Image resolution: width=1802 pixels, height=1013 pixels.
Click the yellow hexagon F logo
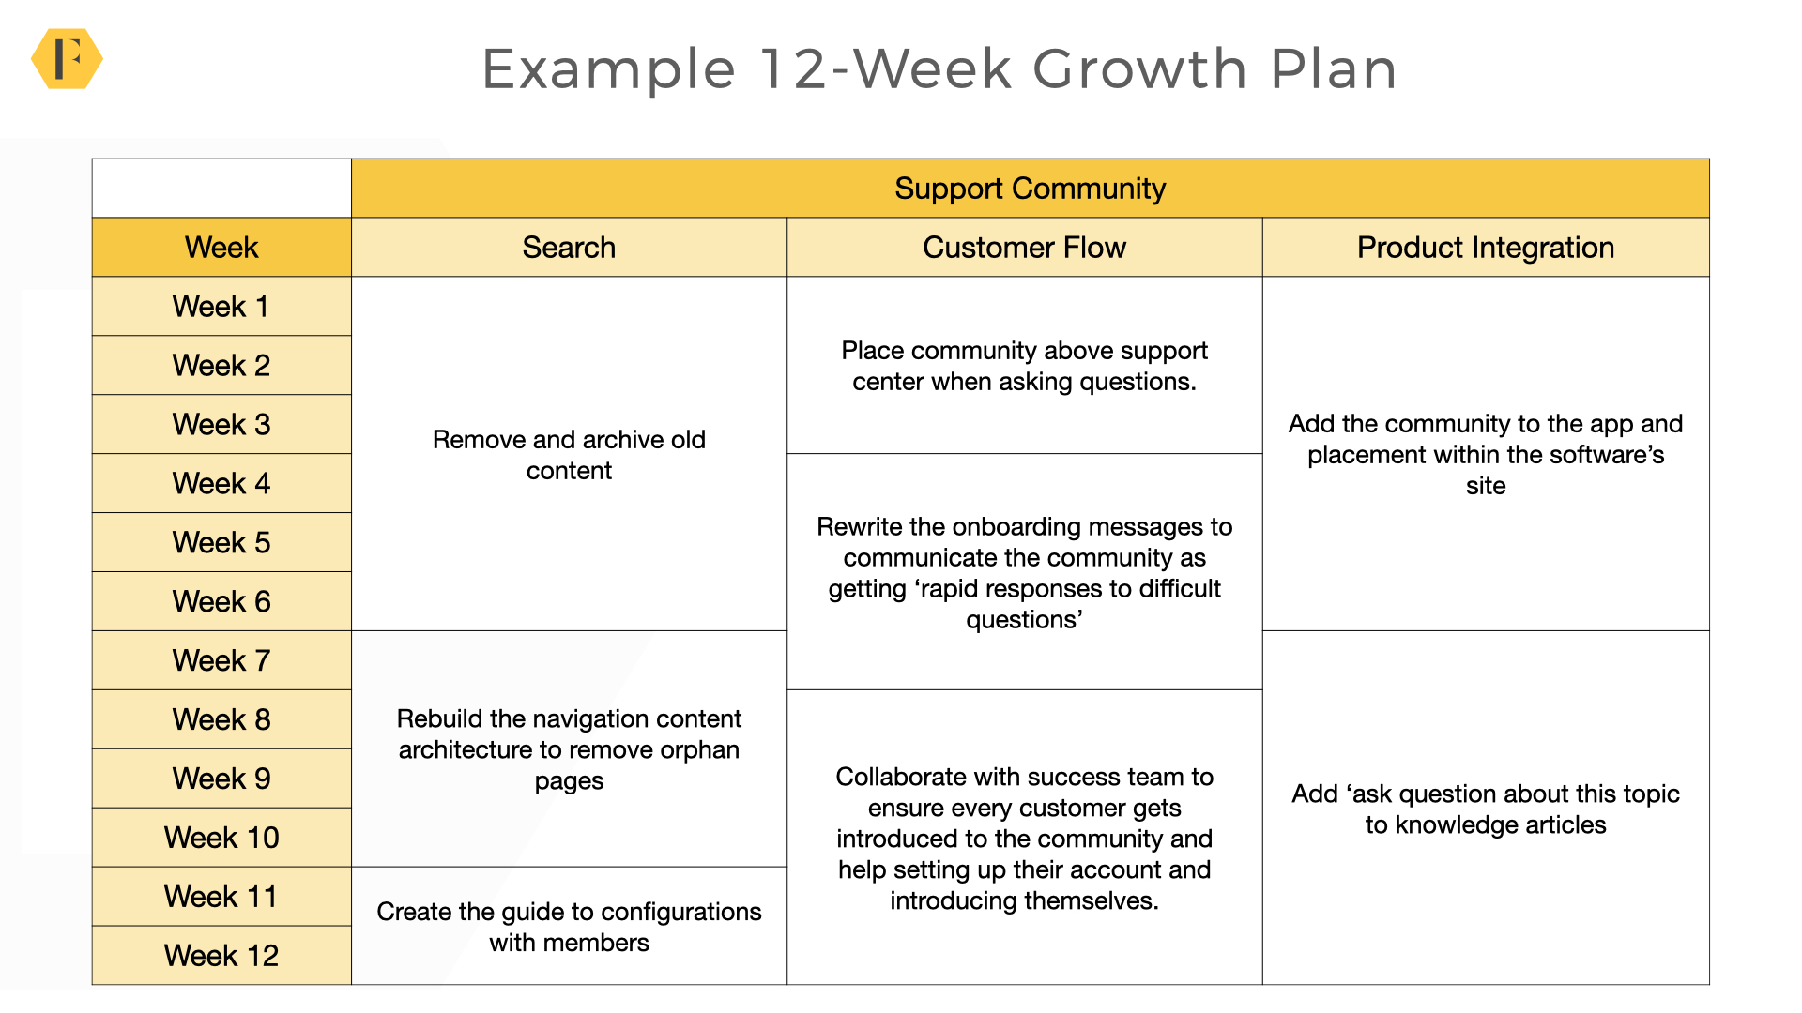click(67, 59)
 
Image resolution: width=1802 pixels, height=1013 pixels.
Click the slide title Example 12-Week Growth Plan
click(939, 68)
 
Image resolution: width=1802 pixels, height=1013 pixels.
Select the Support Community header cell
click(1030, 189)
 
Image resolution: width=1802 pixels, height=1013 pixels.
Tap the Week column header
click(221, 248)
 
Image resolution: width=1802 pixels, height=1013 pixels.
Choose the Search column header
click(569, 248)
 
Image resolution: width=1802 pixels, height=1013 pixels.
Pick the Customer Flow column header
click(1024, 248)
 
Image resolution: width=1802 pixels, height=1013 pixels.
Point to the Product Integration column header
click(1486, 248)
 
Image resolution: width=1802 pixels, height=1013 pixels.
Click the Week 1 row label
click(221, 307)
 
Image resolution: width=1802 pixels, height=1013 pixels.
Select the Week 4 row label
click(221, 484)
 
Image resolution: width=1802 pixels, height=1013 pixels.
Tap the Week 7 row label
click(221, 661)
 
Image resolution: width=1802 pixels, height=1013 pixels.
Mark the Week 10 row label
click(221, 838)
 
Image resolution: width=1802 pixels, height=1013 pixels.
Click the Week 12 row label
click(221, 956)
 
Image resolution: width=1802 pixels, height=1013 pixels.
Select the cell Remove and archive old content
click(569, 455)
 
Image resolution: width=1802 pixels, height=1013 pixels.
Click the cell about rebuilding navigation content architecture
click(569, 749)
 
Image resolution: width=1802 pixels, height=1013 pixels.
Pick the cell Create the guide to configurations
click(569, 927)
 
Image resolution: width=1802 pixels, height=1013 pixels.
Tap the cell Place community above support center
click(1024, 366)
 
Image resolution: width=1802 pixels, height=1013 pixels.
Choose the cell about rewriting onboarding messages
click(1024, 573)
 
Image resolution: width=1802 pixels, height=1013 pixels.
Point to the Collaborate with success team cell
click(1024, 839)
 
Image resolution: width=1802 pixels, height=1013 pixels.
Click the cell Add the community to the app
click(1486, 455)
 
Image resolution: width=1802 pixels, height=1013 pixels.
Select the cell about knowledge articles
click(1486, 809)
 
